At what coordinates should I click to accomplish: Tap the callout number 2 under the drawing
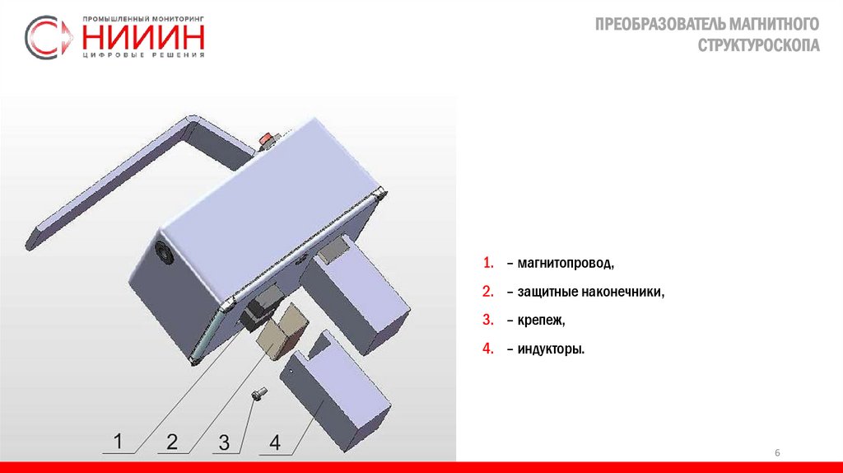(171, 442)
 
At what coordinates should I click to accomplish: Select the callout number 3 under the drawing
(224, 443)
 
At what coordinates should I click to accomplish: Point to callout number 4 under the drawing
(275, 443)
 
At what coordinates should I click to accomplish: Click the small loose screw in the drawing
(258, 395)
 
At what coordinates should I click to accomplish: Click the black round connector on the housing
(164, 252)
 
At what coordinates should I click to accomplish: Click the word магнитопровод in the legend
(565, 263)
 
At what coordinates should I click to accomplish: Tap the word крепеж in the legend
(541, 321)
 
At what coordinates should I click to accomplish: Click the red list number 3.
(487, 320)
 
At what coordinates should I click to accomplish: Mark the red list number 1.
(487, 263)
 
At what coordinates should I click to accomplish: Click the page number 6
(777, 452)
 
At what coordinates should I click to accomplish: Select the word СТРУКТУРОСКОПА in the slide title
(758, 45)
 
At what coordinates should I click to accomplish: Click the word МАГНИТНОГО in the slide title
(774, 24)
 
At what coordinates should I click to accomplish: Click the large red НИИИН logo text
(143, 37)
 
